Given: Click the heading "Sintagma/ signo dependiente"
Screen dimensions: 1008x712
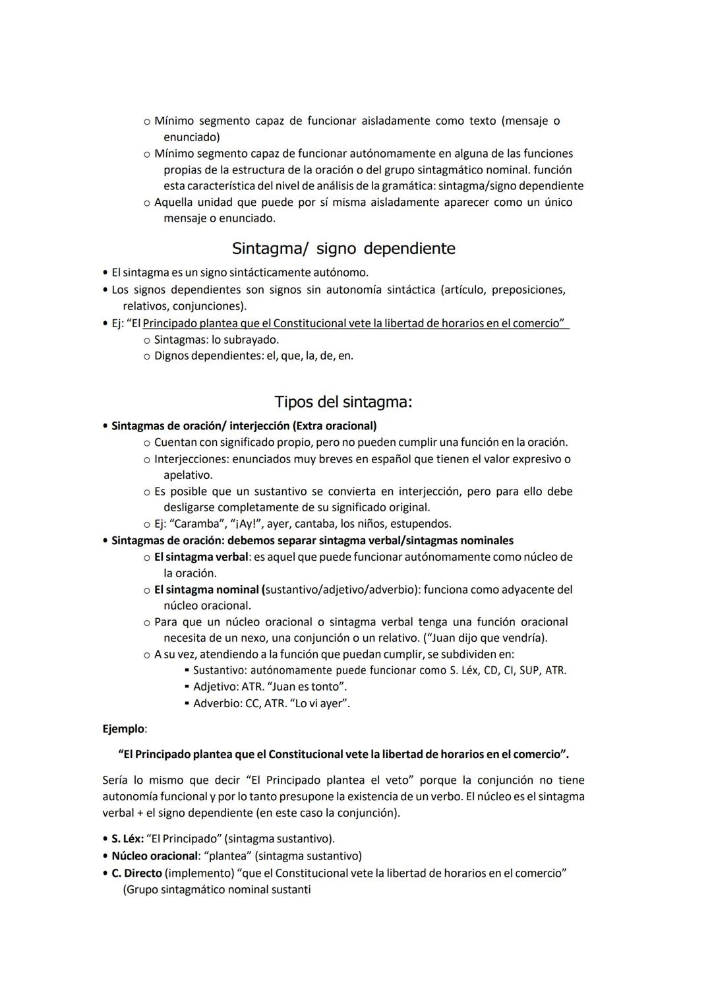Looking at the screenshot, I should click(x=343, y=249).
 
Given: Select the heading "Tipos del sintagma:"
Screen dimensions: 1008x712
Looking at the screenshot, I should click(x=343, y=402).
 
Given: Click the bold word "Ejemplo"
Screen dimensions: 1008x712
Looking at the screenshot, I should click(x=123, y=729).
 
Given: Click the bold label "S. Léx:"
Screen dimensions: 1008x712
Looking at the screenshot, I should click(x=127, y=838).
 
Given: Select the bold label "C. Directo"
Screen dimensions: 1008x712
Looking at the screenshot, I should click(x=136, y=873).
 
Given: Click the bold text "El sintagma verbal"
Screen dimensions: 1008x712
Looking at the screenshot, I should click(x=201, y=557).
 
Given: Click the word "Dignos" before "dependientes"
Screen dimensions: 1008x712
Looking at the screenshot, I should click(x=171, y=356).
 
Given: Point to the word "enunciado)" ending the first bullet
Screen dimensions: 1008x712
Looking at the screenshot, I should click(x=191, y=137).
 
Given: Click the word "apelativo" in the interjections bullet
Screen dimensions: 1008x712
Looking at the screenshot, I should click(x=187, y=475).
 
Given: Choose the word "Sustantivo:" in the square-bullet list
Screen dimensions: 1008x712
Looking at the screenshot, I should click(x=220, y=670).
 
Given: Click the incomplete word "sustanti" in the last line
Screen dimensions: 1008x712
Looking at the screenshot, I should click(x=289, y=889).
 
